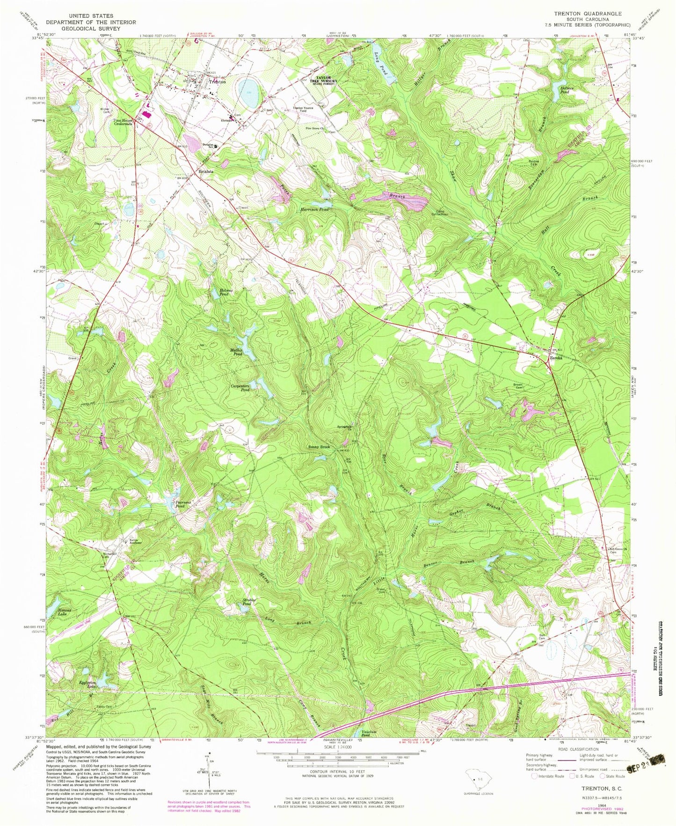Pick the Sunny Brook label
pyautogui.click(x=319, y=447)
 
